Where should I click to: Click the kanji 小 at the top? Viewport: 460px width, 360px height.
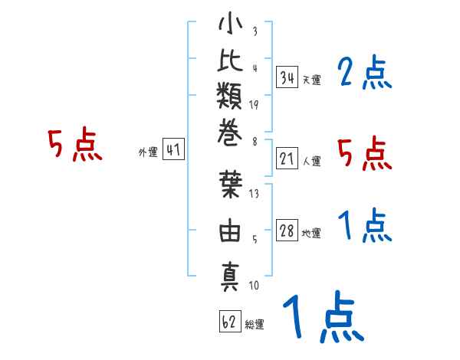tap(230, 23)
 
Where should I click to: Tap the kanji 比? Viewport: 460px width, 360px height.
tap(230, 60)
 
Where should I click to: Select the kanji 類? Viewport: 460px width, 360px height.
tap(230, 96)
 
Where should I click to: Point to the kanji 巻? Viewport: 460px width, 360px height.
tap(230, 133)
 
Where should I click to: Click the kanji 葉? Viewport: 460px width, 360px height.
tap(231, 185)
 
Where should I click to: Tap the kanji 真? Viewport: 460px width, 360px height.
tap(230, 277)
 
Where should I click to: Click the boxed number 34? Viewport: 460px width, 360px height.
tap(287, 77)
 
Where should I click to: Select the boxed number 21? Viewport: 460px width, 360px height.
tap(287, 159)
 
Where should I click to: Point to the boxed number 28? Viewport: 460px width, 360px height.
tap(287, 230)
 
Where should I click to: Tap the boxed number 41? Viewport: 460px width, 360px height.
tap(173, 149)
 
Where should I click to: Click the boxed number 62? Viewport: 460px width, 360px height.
tap(230, 321)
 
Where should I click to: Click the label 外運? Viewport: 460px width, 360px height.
tap(148, 152)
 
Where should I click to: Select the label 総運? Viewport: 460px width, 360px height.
tap(255, 325)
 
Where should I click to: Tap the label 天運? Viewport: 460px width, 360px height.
tap(312, 80)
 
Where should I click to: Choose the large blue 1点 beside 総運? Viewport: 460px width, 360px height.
tap(324, 316)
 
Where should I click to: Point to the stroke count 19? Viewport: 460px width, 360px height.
tap(254, 105)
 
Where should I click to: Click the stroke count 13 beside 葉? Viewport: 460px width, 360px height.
tap(254, 194)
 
